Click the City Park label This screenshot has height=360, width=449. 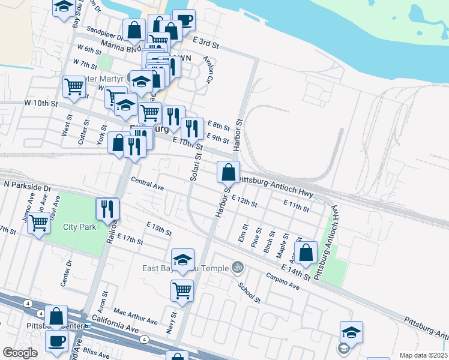pos(80,227)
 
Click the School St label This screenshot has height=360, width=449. pos(249,292)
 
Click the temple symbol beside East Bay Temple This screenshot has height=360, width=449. pos(237,266)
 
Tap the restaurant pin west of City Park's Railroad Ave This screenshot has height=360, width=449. pos(107,209)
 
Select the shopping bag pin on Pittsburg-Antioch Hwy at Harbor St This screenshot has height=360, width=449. pos(228,173)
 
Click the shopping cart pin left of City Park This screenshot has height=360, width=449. pos(40,223)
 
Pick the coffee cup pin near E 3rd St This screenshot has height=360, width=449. pos(184,20)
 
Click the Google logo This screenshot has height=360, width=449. pos(20,353)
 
